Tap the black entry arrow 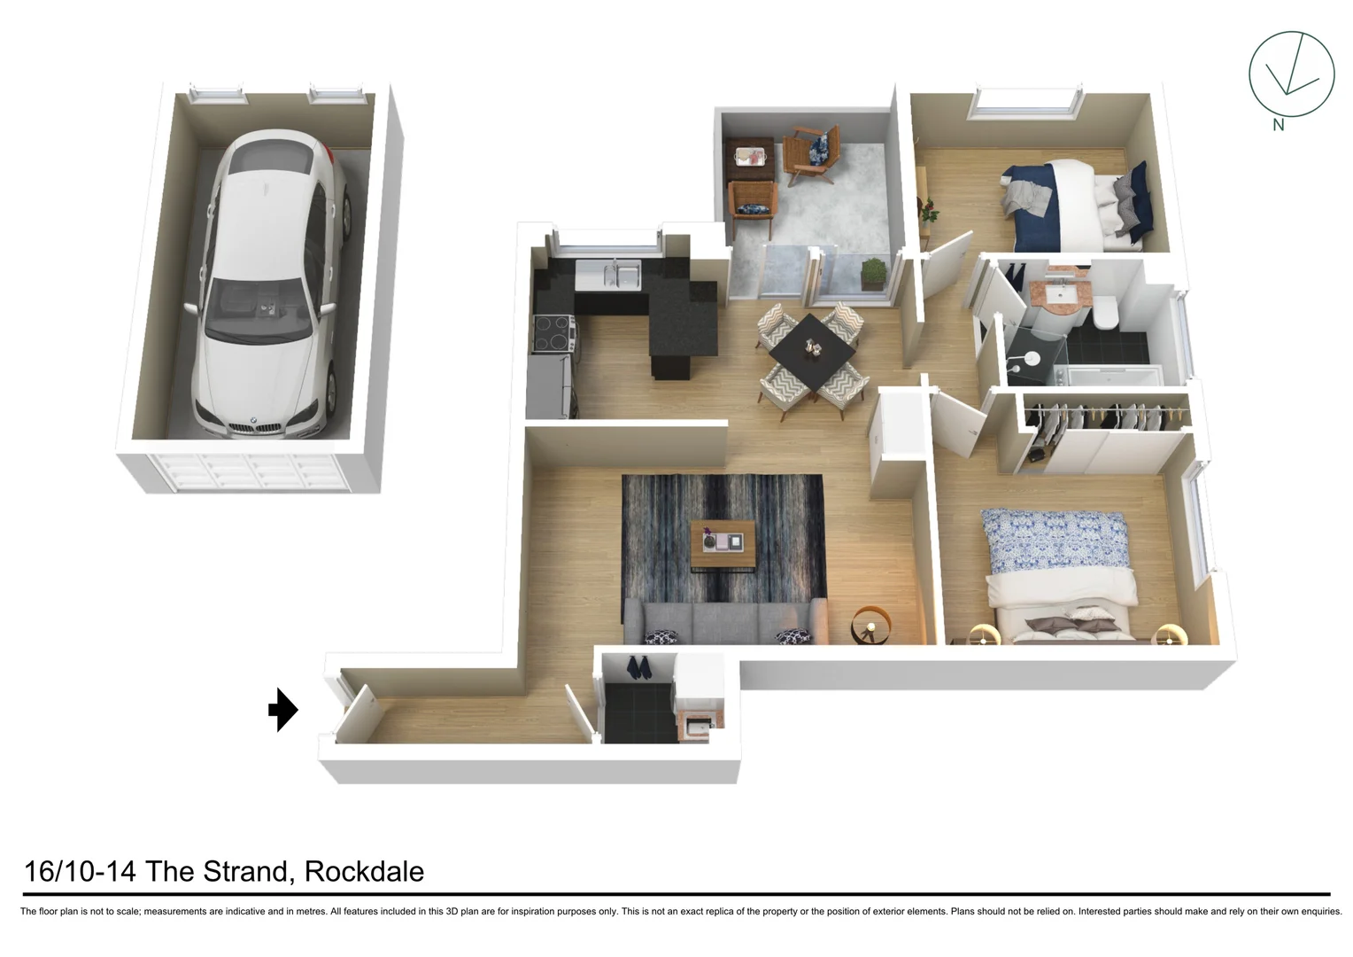point(283,710)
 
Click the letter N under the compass point(1278,125)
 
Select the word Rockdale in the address point(364,872)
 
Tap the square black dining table point(812,349)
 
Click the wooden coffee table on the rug point(723,543)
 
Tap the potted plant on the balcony point(873,273)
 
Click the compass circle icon point(1291,74)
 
